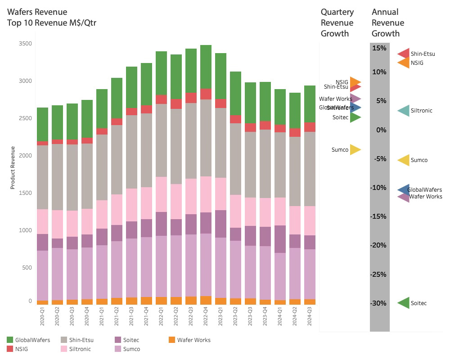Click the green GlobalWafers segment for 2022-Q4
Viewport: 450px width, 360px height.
click(206, 67)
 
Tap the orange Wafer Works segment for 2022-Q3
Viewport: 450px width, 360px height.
click(191, 300)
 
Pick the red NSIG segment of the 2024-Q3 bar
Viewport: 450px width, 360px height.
click(310, 127)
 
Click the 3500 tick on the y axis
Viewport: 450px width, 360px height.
click(26, 44)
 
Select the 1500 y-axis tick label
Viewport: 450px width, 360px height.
click(26, 193)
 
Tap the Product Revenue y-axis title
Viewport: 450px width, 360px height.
click(13, 167)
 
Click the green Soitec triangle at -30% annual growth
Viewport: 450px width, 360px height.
click(403, 303)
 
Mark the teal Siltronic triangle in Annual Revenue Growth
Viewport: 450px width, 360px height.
click(403, 111)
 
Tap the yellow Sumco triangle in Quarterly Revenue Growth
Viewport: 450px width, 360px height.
click(355, 150)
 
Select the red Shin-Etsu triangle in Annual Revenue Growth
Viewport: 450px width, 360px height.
click(403, 54)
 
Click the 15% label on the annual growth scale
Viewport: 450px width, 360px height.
click(379, 48)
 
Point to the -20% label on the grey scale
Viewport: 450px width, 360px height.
click(379, 245)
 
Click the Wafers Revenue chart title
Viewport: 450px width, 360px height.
click(37, 12)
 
